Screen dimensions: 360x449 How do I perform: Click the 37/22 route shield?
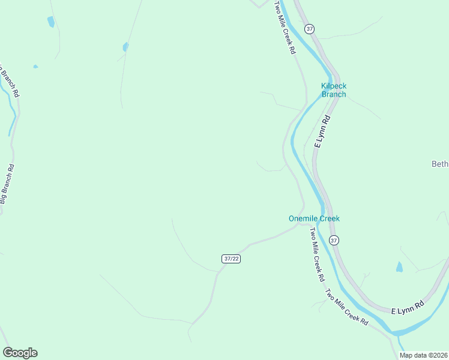pos(231,259)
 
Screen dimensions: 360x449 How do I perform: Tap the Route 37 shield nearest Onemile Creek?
pos(334,240)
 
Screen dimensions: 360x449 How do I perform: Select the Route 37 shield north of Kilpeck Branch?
pos(309,29)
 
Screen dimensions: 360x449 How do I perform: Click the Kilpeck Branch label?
pos(334,90)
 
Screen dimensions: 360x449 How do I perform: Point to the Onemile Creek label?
pos(314,218)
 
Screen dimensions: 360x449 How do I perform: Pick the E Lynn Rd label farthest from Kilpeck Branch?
pos(408,308)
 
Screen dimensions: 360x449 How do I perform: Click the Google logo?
pos(20,353)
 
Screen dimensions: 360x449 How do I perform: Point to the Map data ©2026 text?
pos(423,355)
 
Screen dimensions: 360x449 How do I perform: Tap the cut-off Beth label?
pos(440,164)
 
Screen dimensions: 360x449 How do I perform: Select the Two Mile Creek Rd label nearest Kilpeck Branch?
pos(285,28)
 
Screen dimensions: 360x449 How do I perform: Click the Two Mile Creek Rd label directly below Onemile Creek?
pos(316,255)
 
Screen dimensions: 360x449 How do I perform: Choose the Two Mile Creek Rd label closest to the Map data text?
pos(346,307)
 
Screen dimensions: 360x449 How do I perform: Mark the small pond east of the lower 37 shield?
pos(399,267)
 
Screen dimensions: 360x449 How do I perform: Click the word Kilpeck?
pos(334,86)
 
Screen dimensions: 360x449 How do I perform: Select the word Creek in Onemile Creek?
pos(329,218)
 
